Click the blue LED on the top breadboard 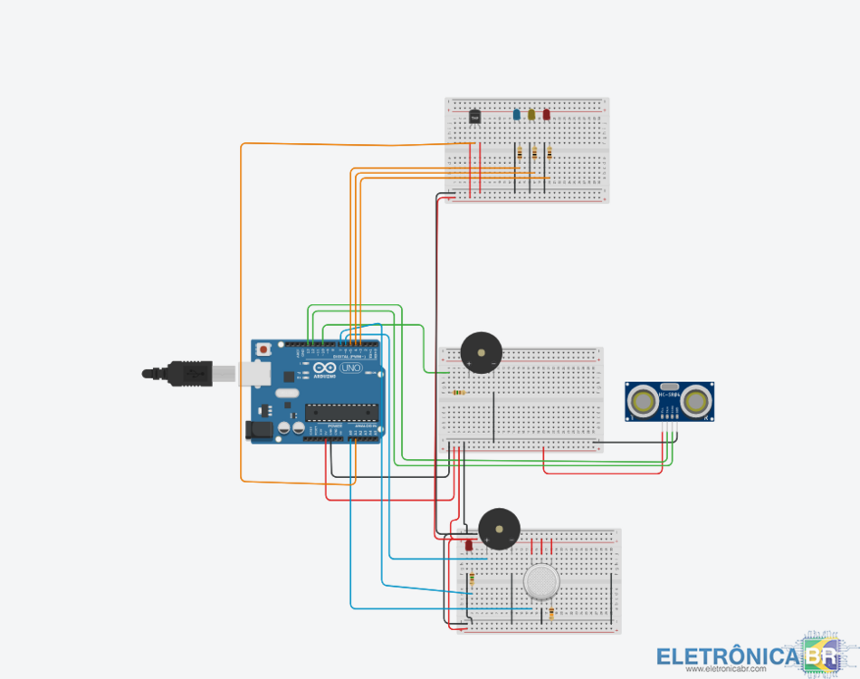[x=517, y=115]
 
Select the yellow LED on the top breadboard [x=531, y=115]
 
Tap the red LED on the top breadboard [x=546, y=115]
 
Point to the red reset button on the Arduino [x=263, y=349]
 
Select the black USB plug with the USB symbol [x=190, y=372]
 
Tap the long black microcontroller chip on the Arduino [x=340, y=412]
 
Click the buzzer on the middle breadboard [x=480, y=352]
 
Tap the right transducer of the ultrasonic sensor [x=696, y=401]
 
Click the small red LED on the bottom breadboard [x=469, y=546]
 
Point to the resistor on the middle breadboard [x=459, y=393]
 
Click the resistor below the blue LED [x=520, y=154]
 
